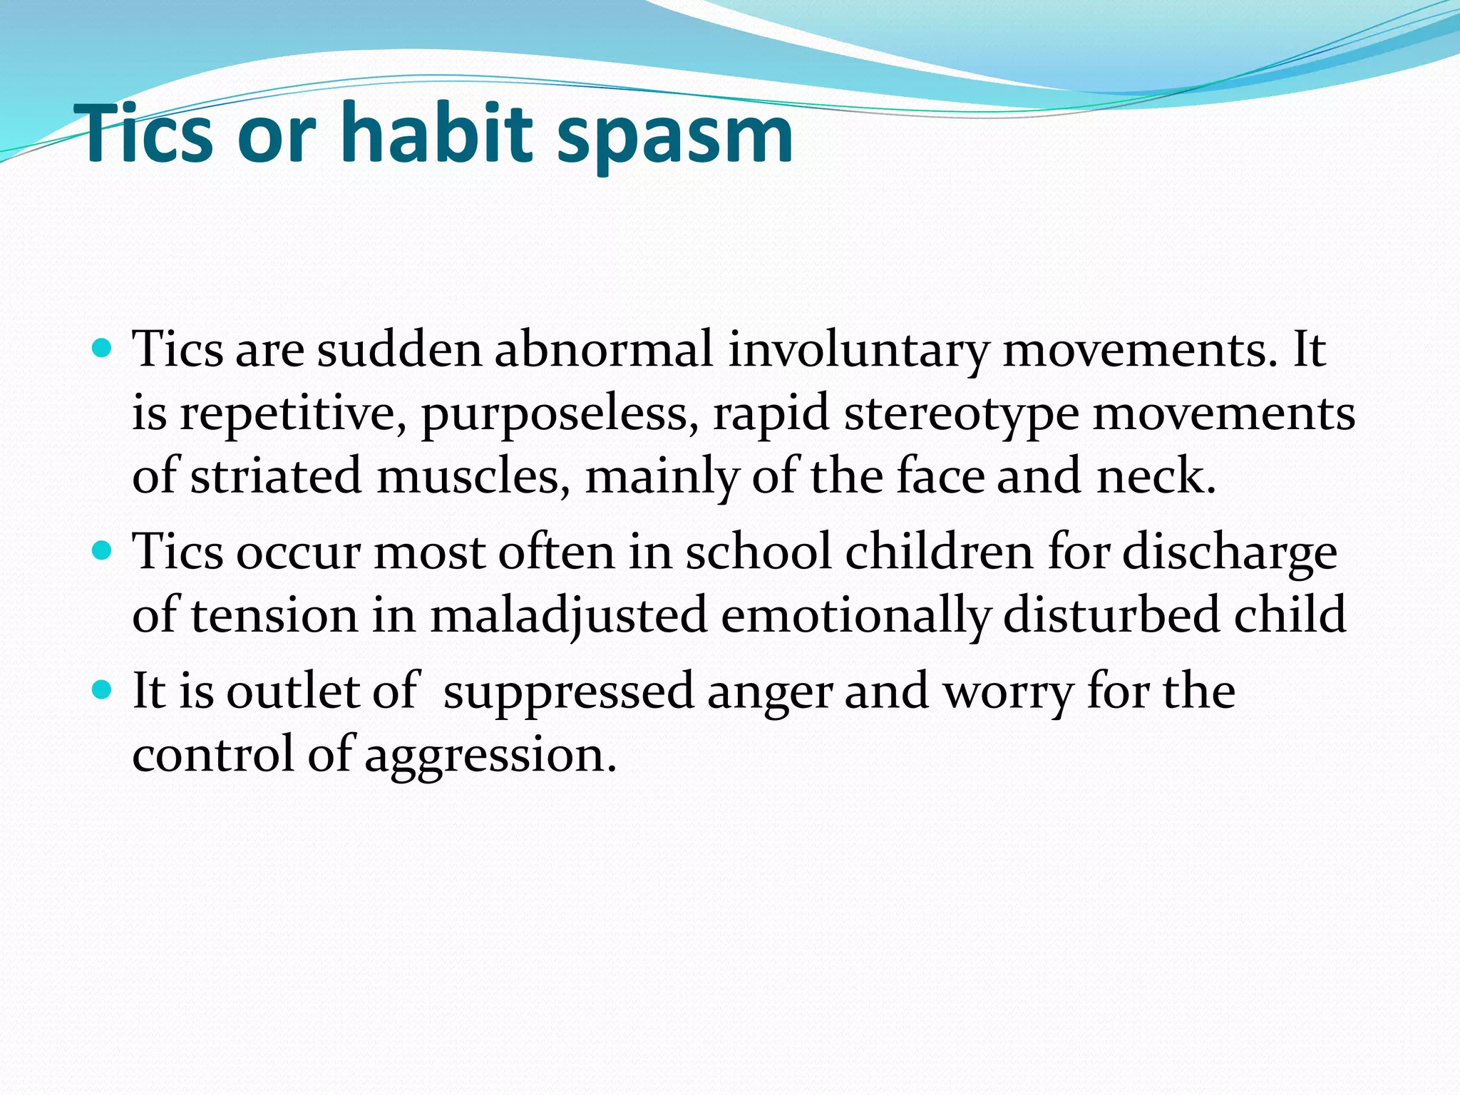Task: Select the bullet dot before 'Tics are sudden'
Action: click(x=103, y=349)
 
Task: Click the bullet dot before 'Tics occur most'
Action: click(x=103, y=550)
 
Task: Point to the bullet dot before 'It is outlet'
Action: click(x=103, y=689)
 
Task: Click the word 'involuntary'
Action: click(x=858, y=351)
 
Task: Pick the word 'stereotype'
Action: click(x=961, y=414)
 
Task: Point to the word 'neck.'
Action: click(x=1156, y=476)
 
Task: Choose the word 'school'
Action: click(x=759, y=552)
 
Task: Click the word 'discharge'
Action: click(x=1230, y=553)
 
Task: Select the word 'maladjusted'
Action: click(x=568, y=615)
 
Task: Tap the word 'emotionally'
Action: click(x=854, y=615)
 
